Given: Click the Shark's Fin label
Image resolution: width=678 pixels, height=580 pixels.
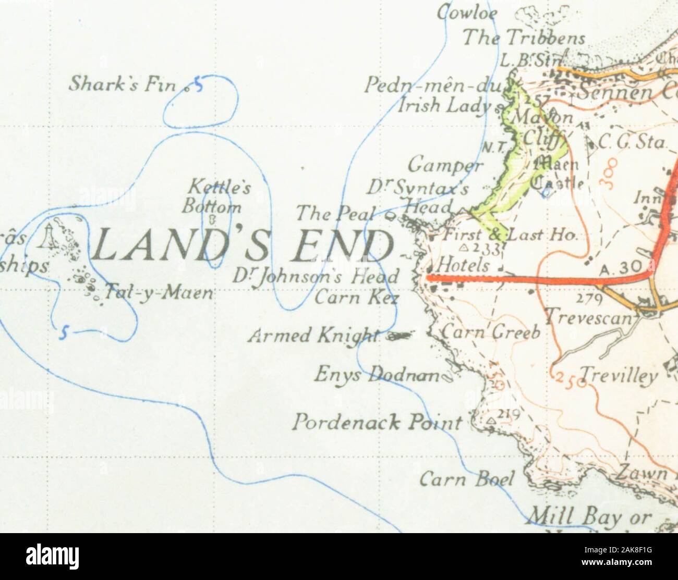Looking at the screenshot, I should [x=123, y=83].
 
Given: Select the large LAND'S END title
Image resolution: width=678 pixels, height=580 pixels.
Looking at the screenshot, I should [x=243, y=245].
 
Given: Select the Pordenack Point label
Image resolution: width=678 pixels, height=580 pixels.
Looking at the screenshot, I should [x=377, y=422].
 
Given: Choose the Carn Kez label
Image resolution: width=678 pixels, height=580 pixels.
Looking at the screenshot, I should [x=357, y=297].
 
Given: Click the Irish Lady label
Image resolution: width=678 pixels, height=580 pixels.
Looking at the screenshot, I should [x=444, y=106].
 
